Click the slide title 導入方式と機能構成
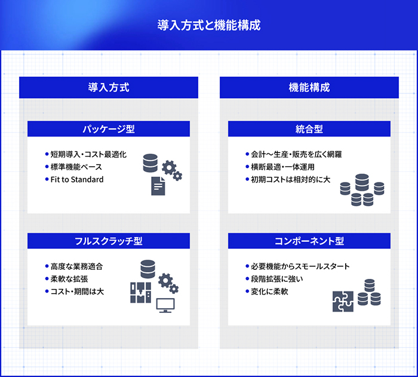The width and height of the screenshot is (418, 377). pyautogui.click(x=208, y=26)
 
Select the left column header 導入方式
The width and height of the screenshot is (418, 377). pyautogui.click(x=108, y=87)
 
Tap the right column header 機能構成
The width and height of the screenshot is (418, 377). pyautogui.click(x=309, y=87)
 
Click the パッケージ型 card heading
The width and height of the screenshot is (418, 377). pyautogui.click(x=108, y=129)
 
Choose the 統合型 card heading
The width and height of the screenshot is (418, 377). pyautogui.click(x=309, y=129)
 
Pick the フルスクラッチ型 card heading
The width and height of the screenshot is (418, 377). pyautogui.click(x=108, y=241)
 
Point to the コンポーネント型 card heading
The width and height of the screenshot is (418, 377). pyautogui.click(x=309, y=241)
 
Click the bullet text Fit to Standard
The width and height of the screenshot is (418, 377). pyautogui.click(x=77, y=180)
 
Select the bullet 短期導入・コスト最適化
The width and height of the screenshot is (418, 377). pyautogui.click(x=88, y=154)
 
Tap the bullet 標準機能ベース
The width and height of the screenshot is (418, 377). pyautogui.click(x=76, y=167)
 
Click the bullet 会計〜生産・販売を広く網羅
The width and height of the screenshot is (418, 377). pyautogui.click(x=296, y=154)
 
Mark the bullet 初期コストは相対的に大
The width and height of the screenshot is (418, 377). pyautogui.click(x=290, y=180)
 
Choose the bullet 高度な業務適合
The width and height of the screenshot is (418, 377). pyautogui.click(x=76, y=266)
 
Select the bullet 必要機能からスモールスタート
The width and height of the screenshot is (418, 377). pyautogui.click(x=300, y=266)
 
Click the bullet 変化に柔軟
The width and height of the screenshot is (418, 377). pyautogui.click(x=269, y=291)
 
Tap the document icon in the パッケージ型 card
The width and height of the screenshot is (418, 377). pyautogui.click(x=158, y=186)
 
